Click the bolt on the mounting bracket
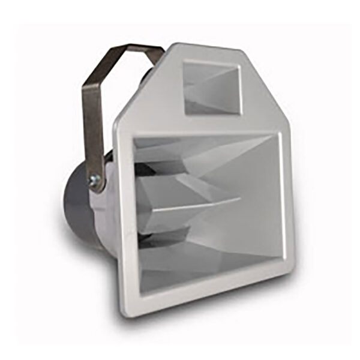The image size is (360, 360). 95,178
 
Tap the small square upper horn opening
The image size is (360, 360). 211,88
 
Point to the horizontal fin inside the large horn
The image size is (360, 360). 192,204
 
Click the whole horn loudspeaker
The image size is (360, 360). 192,180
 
